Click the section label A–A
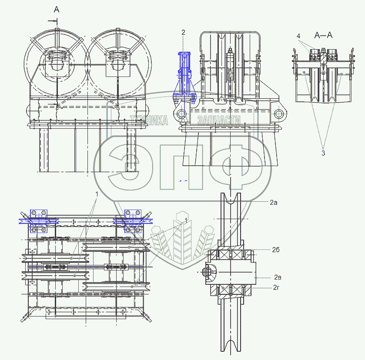click(x=324, y=36)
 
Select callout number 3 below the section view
click(x=323, y=153)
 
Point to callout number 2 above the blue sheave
click(x=183, y=32)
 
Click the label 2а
click(x=273, y=203)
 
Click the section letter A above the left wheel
click(x=57, y=9)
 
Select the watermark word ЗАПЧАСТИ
click(x=219, y=120)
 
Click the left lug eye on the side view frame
click(x=181, y=114)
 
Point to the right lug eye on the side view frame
click(x=279, y=114)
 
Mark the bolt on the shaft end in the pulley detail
click(x=207, y=273)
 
